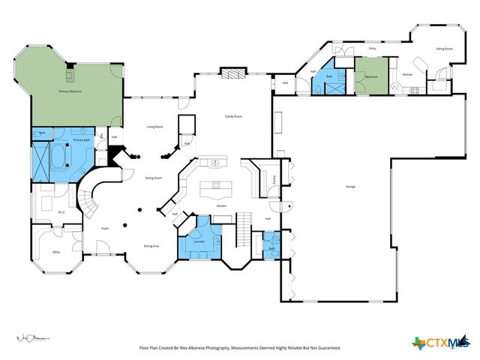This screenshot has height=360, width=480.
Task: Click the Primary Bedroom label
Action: click(70, 91)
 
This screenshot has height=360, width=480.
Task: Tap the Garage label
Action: click(350, 186)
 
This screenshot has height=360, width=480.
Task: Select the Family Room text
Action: click(234, 116)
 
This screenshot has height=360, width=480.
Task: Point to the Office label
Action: click(55, 252)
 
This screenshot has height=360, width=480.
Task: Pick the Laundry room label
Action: click(199, 241)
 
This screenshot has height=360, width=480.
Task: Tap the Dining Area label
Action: click(152, 247)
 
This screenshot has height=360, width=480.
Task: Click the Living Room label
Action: click(155, 127)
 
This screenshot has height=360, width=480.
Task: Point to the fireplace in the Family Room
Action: click(232, 73)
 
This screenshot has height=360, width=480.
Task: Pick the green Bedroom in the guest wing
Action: click(371, 77)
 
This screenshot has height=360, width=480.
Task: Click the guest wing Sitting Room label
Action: click(445, 49)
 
